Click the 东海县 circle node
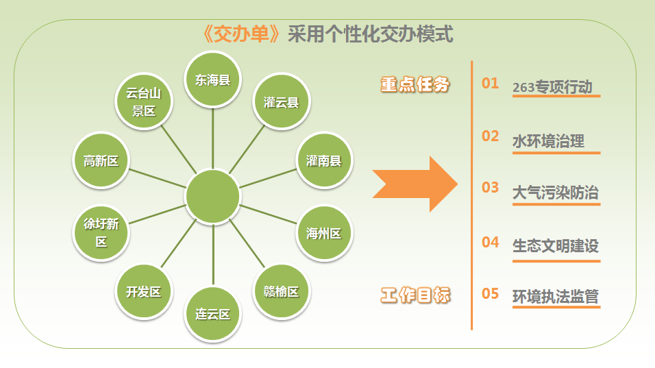212,79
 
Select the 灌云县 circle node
281,101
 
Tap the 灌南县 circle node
324,160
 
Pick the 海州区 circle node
324,233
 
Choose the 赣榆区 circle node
281,291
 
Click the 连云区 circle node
212,314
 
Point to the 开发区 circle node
144,291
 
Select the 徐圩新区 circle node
101,233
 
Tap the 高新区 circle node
101,160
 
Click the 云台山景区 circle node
144,101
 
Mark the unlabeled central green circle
212,197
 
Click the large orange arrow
415,184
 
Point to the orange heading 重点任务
415,84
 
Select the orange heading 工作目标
416,295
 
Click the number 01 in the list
491,83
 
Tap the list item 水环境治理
549,141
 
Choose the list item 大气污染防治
556,193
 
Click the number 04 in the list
491,242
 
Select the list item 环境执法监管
556,297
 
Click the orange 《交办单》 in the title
241,34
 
